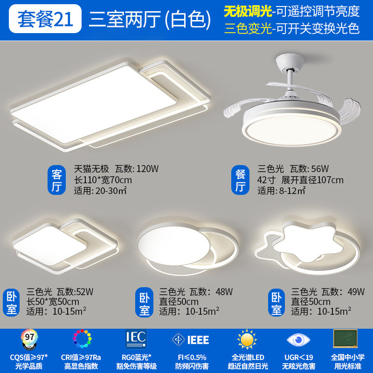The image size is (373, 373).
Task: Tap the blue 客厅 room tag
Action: [57, 181]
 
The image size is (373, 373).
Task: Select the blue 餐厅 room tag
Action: [241, 181]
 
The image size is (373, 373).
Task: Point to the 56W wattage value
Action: [320, 169]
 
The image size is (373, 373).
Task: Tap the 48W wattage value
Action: [224, 292]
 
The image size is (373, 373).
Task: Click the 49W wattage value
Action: [355, 292]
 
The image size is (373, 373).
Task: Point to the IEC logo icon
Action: [136, 338]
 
